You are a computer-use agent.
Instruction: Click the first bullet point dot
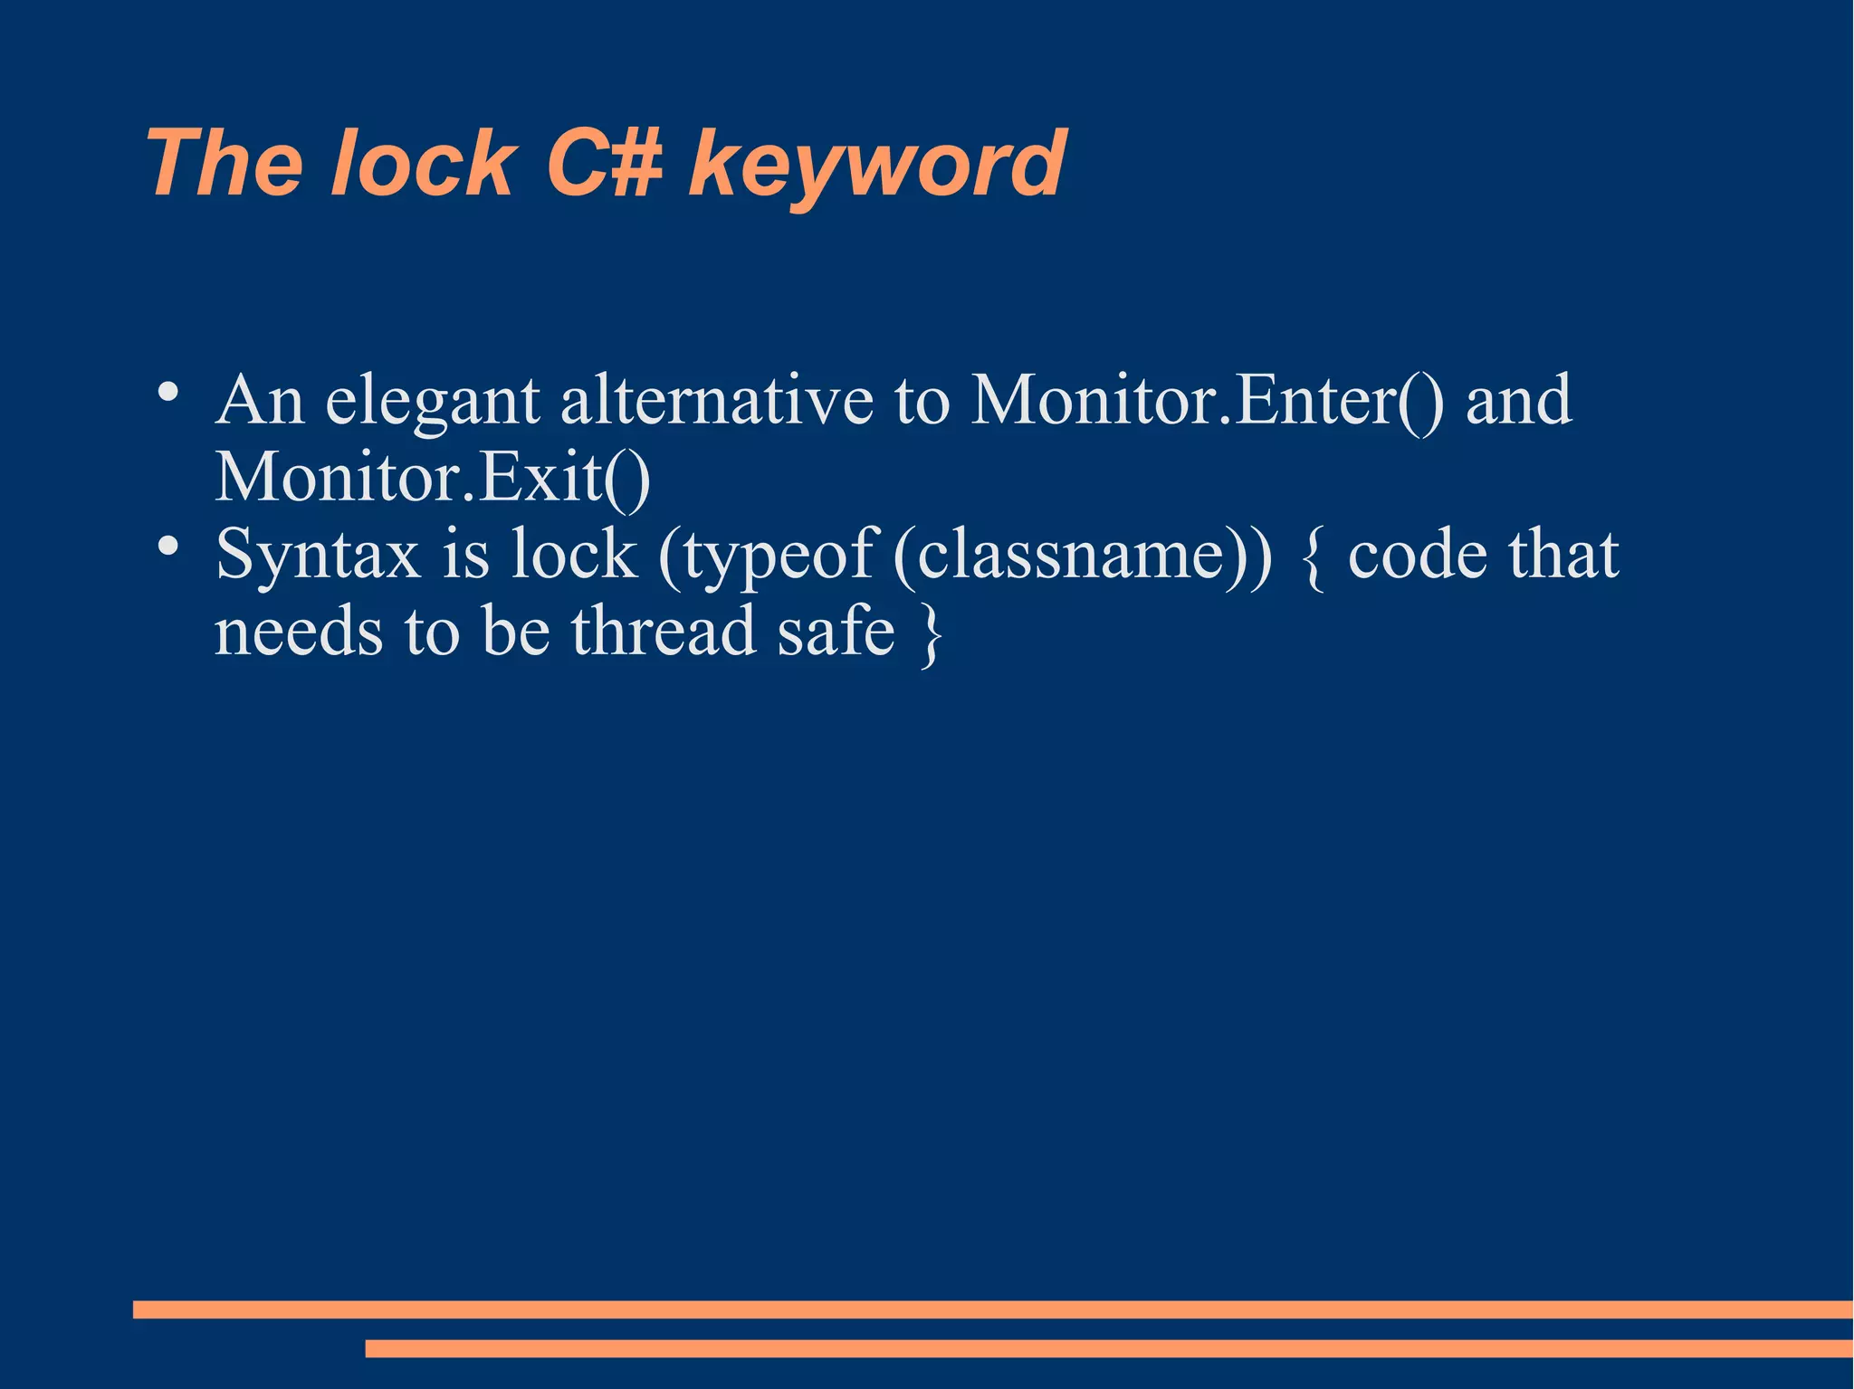(167, 393)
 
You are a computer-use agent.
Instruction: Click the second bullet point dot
(167, 546)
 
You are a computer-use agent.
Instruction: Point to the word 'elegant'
(432, 403)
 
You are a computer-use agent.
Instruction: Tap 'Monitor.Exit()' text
(433, 477)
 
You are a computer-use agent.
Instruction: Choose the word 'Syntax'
(318, 555)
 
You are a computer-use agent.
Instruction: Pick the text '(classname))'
(1083, 555)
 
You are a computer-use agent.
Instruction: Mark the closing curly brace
(931, 633)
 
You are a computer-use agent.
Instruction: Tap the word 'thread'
(664, 631)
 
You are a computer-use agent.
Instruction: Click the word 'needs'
(299, 631)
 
